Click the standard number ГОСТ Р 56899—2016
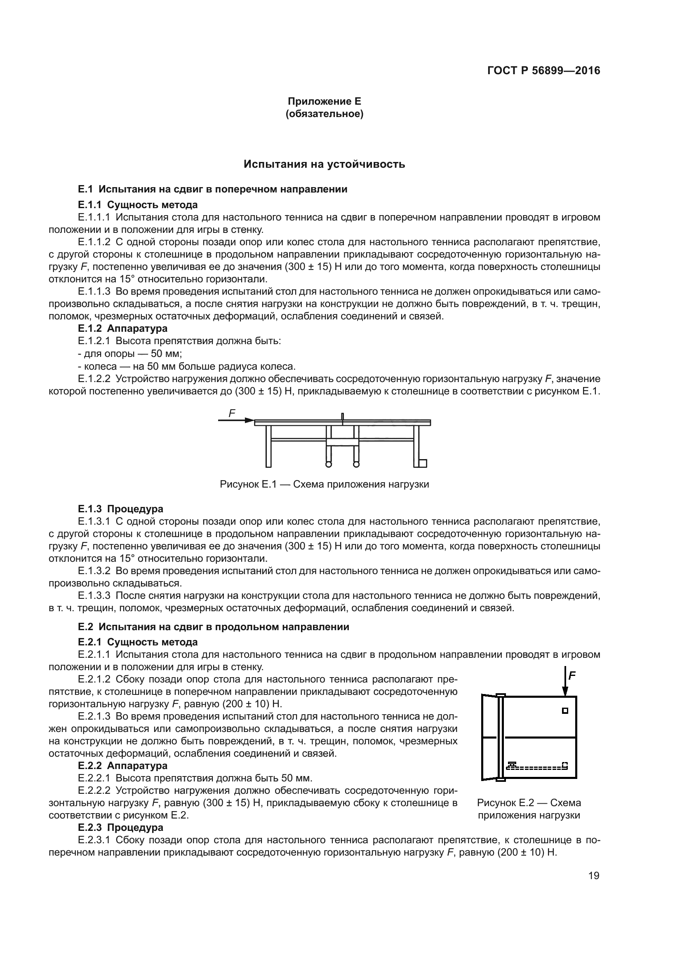[543, 70]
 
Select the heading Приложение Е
[324, 101]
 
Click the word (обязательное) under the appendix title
[324, 114]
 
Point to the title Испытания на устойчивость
[324, 164]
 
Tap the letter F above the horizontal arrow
[232, 413]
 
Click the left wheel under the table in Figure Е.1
[328, 464]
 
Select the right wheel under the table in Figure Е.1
[356, 464]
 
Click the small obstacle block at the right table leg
[423, 463]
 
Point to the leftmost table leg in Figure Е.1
[268, 446]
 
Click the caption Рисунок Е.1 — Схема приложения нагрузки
[324, 485]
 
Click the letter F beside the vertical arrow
[572, 676]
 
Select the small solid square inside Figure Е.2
[565, 711]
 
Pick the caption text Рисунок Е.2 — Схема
[529, 803]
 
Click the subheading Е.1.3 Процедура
[120, 509]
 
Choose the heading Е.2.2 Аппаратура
[122, 765]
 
